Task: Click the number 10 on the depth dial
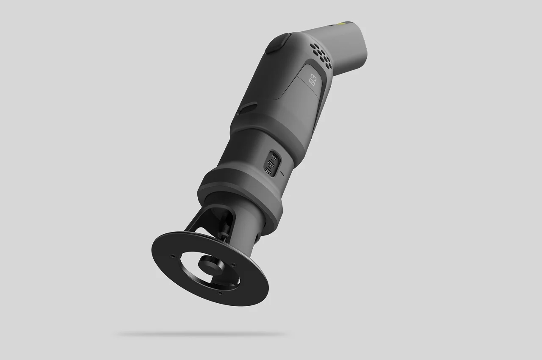click(x=273, y=157)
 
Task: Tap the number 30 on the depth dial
click(x=268, y=170)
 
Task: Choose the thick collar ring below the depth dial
click(x=241, y=191)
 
